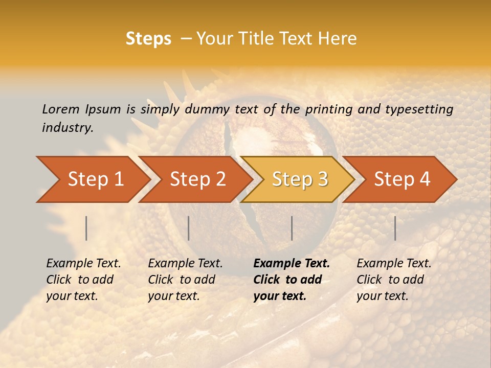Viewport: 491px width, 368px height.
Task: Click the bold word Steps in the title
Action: [x=148, y=39]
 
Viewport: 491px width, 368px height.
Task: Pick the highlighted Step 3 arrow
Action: [x=299, y=179]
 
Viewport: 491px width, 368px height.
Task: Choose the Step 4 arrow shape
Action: [x=401, y=179]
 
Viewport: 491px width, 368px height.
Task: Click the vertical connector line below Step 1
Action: [x=86, y=228]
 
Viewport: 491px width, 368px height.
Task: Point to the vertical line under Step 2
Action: [x=189, y=228]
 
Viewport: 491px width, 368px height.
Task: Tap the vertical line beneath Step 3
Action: [x=292, y=228]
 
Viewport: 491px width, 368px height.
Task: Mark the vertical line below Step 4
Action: [x=395, y=228]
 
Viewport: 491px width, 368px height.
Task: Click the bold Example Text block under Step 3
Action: [x=292, y=280]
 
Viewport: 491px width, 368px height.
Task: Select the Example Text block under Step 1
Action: [x=83, y=280]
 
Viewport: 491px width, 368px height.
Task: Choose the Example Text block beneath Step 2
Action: [x=185, y=280]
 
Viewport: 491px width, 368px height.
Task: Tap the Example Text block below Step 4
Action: [x=394, y=280]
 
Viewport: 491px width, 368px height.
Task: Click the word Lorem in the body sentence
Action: [x=61, y=109]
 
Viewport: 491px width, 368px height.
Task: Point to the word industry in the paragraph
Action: [x=68, y=128]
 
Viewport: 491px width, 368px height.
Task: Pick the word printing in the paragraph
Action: [x=330, y=109]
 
